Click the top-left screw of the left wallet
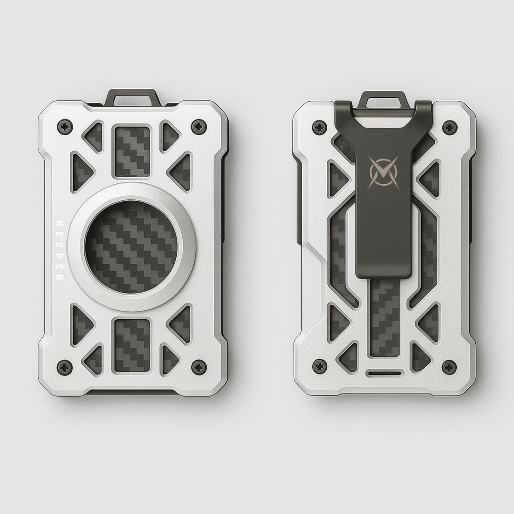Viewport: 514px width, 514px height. [x=65, y=126]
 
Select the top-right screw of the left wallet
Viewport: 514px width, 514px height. [x=199, y=126]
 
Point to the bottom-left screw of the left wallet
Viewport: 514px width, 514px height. [x=65, y=367]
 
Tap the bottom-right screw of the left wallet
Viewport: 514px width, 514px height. [x=199, y=367]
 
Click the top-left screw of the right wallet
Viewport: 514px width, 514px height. [x=319, y=127]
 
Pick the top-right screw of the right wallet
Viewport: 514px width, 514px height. [x=449, y=127]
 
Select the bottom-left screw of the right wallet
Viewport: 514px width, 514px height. [x=319, y=366]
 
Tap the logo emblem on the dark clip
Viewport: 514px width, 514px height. [x=383, y=172]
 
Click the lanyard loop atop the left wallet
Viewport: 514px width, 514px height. [x=133, y=96]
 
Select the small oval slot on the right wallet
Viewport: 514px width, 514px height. [x=384, y=373]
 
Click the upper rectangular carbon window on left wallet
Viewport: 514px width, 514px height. [x=133, y=151]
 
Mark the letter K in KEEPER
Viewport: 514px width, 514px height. [x=59, y=222]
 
